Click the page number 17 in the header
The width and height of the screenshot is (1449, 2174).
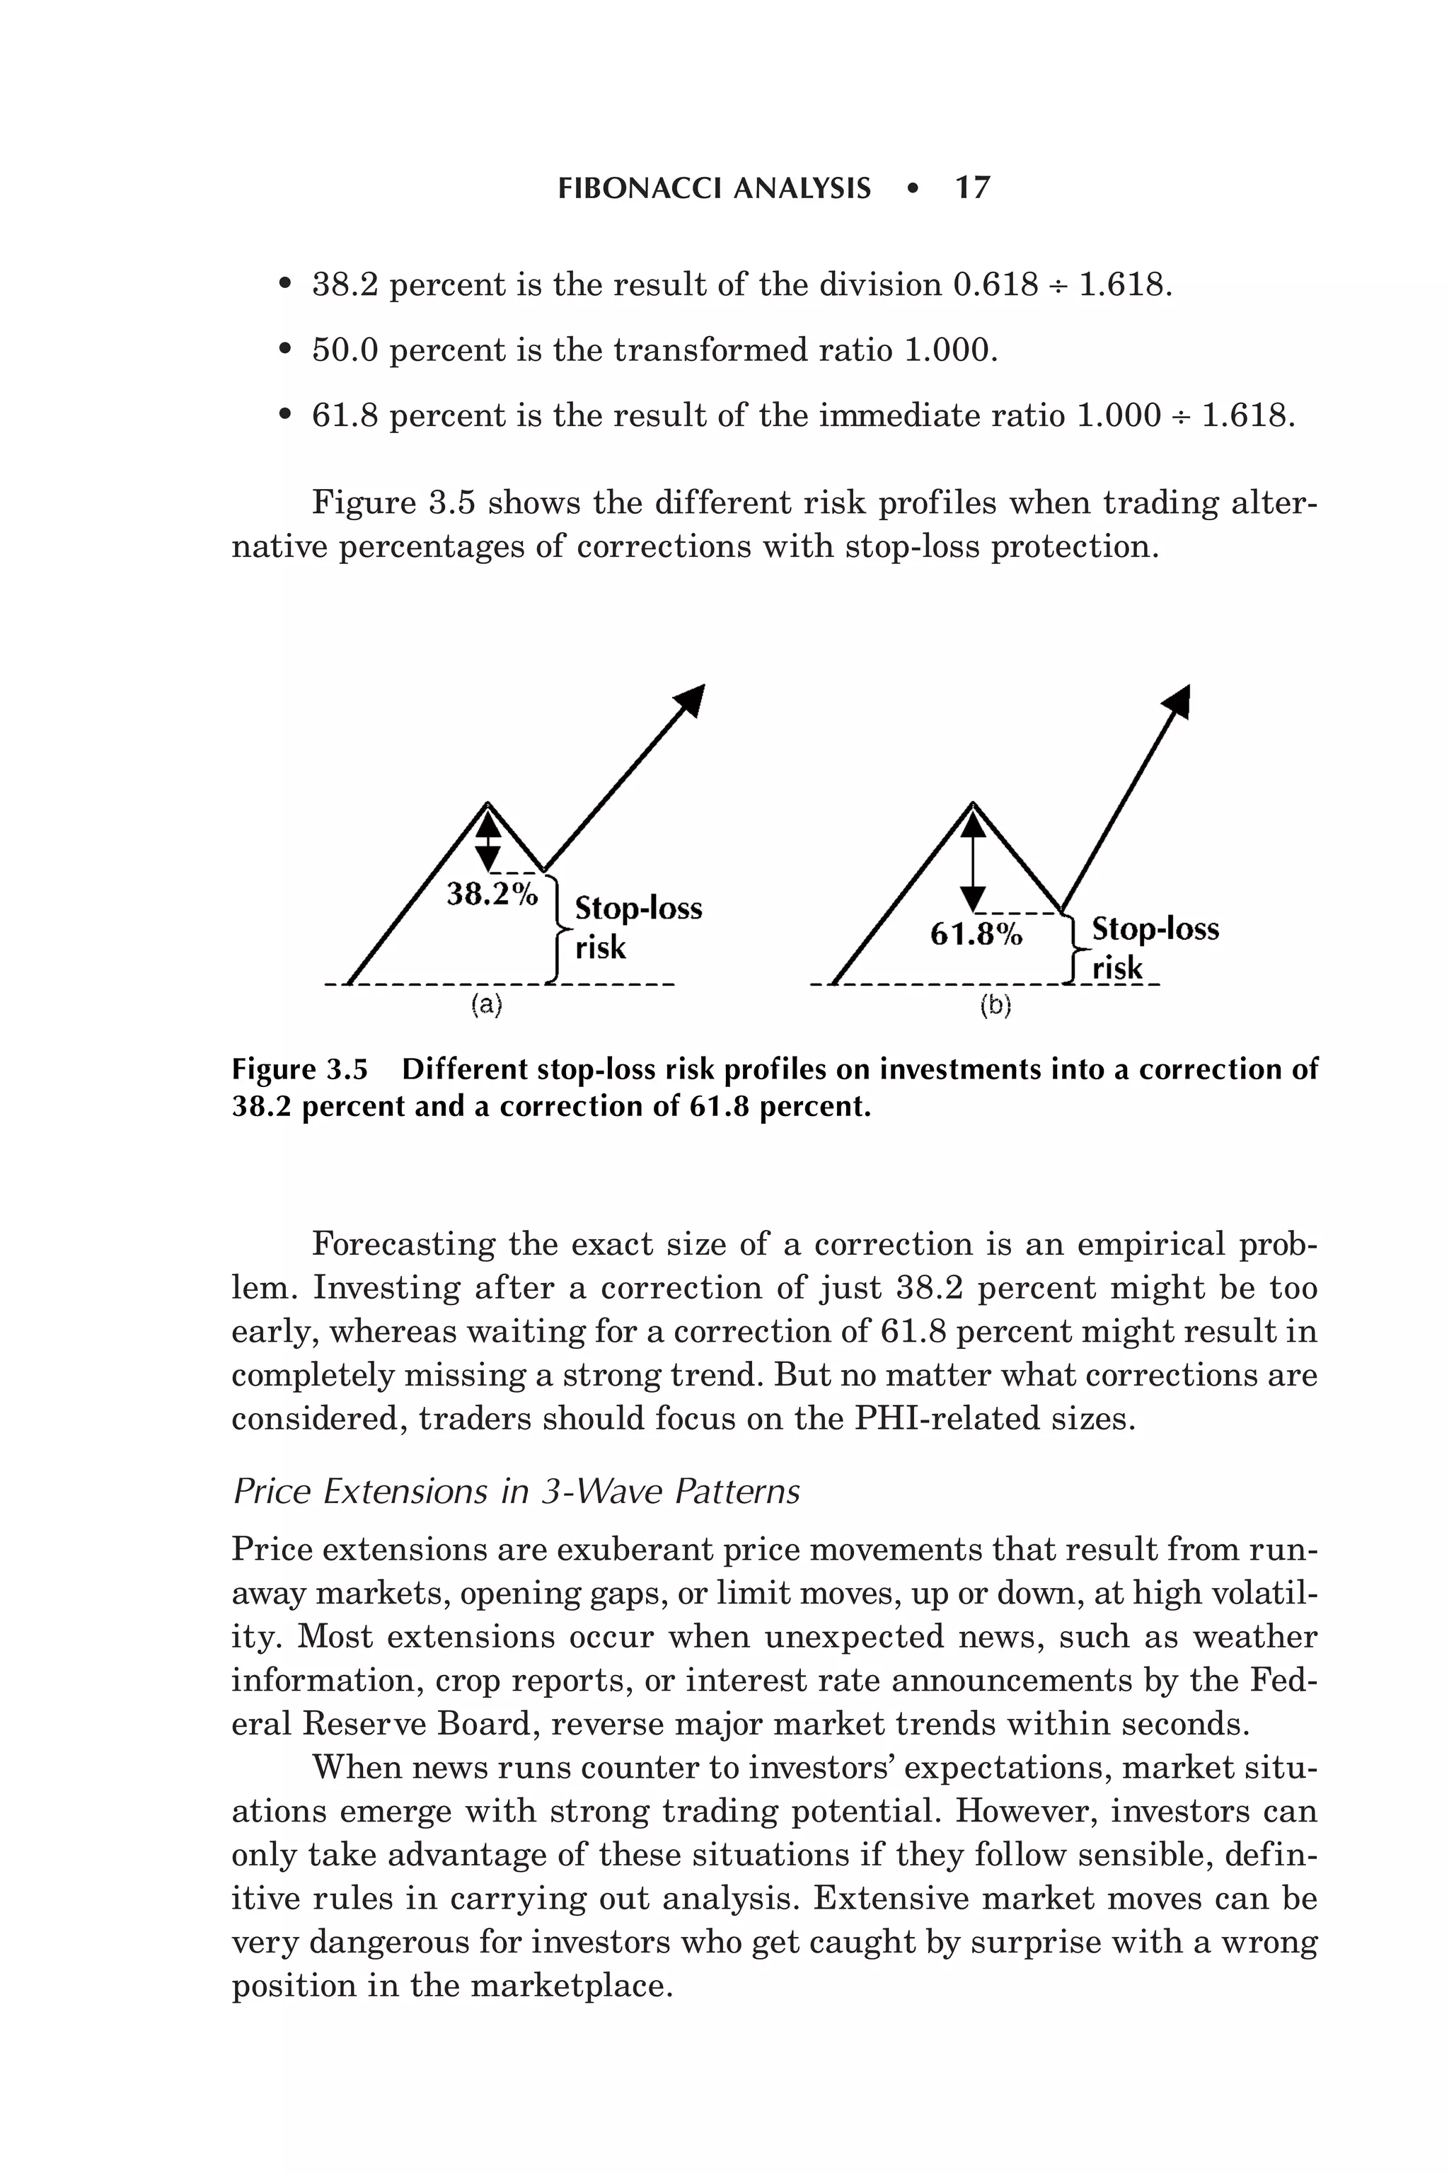pyautogui.click(x=972, y=188)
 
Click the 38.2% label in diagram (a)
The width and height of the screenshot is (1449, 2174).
pyautogui.click(x=492, y=894)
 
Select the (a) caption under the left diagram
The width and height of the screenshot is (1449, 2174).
pyautogui.click(x=486, y=1005)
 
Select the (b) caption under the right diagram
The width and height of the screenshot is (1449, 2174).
pyautogui.click(x=995, y=1005)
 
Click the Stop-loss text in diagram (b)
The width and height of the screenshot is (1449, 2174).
pyautogui.click(x=1155, y=928)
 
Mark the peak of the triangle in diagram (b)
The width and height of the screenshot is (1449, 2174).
pyautogui.click(x=972, y=803)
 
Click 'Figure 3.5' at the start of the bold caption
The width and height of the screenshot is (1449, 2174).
pyautogui.click(x=299, y=1069)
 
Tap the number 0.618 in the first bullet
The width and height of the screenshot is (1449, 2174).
pyautogui.click(x=994, y=284)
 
